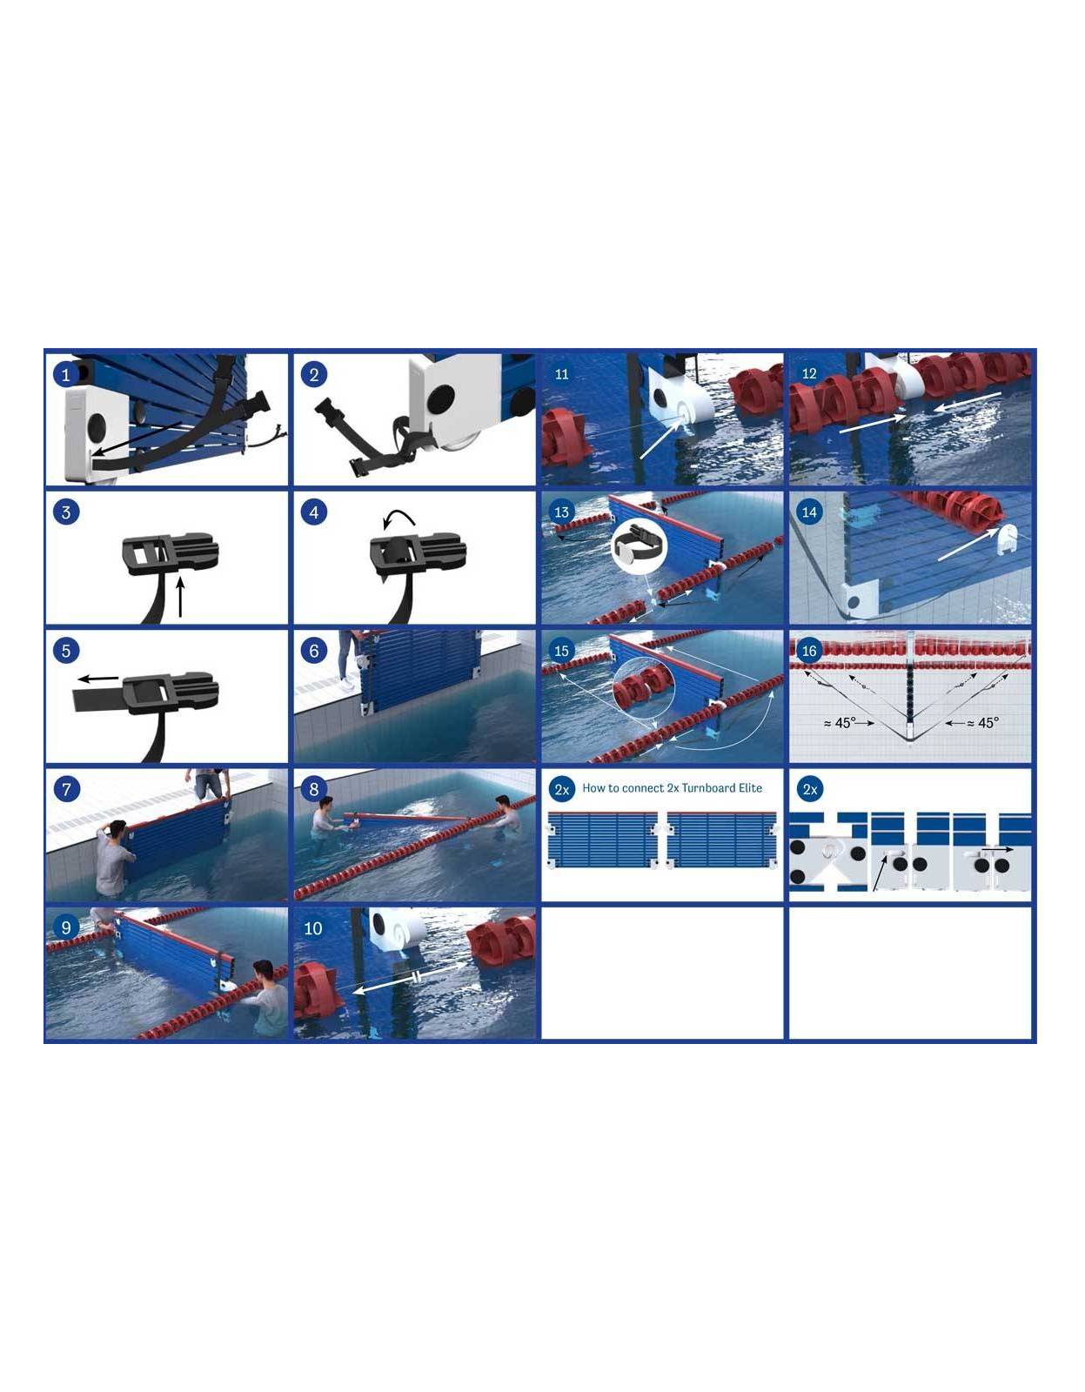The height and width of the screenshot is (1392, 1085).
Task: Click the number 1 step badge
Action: tap(66, 375)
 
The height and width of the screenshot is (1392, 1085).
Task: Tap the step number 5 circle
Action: tap(66, 652)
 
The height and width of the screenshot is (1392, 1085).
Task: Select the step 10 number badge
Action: tap(313, 928)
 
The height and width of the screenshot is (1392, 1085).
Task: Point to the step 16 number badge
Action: tap(809, 652)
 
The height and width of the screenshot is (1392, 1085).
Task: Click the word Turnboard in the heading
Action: tap(707, 788)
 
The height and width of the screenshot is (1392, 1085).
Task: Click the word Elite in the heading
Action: tap(750, 788)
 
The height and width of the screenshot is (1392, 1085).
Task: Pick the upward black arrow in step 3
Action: tap(181, 597)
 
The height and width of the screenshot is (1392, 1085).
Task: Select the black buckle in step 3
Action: tap(170, 553)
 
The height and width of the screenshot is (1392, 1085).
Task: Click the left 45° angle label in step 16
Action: tap(848, 723)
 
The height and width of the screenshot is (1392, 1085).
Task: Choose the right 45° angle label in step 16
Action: tap(972, 723)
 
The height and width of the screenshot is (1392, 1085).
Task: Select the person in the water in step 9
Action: tap(267, 997)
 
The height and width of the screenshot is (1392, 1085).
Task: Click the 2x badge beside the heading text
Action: tap(562, 790)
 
